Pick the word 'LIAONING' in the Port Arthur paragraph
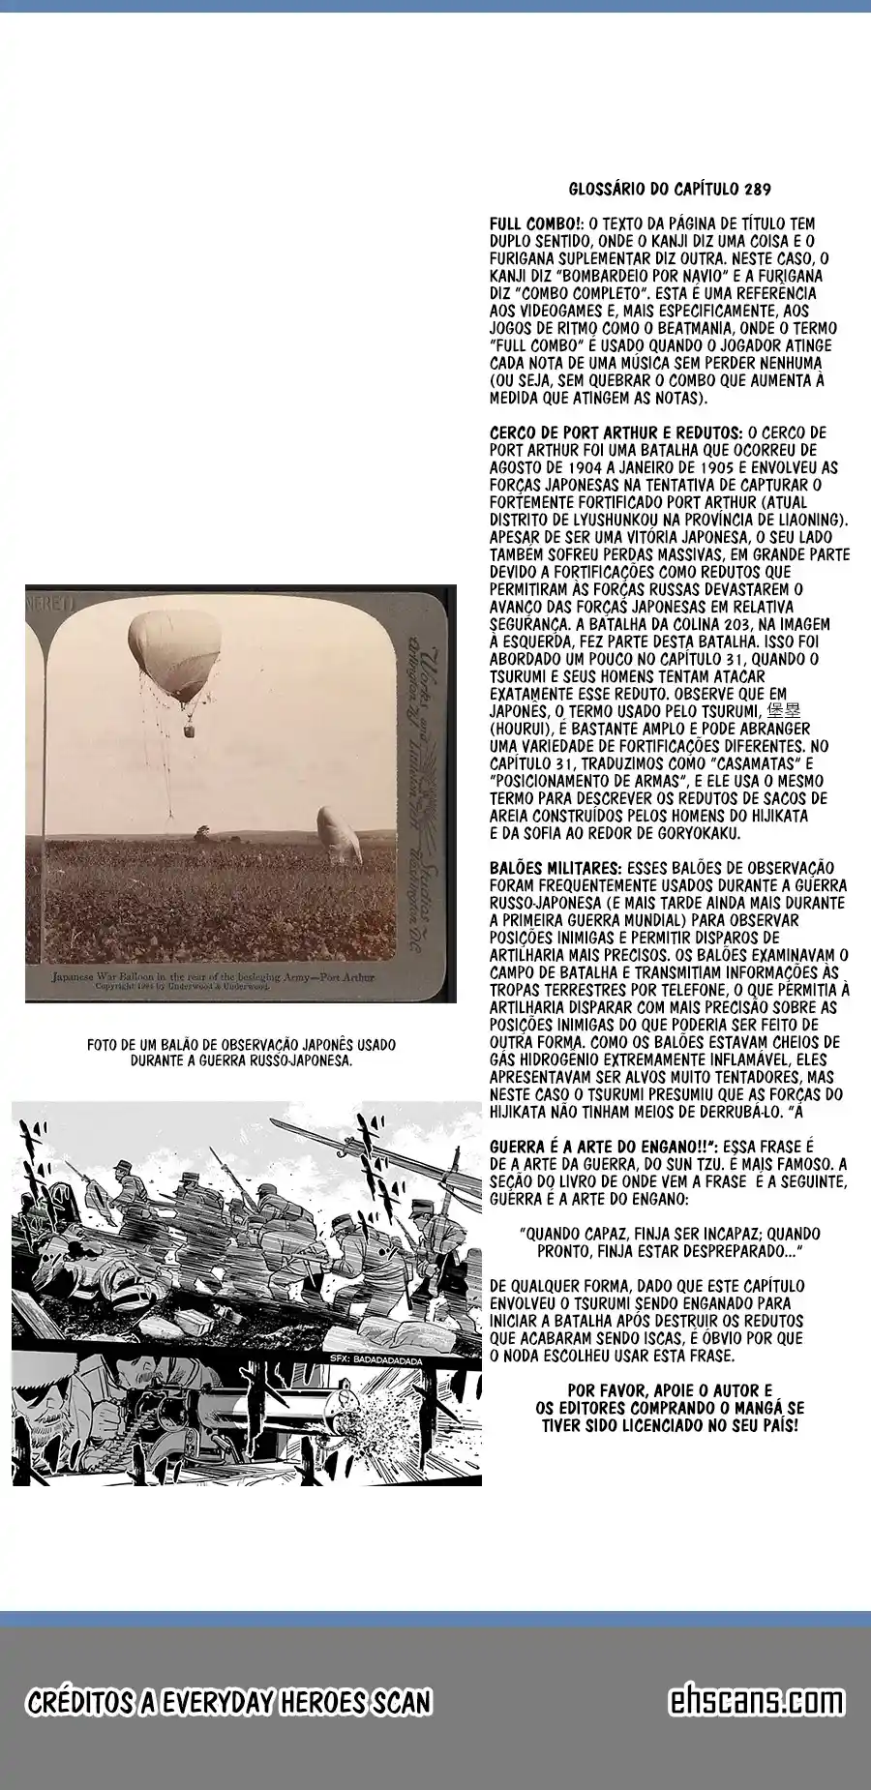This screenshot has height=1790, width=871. point(809,520)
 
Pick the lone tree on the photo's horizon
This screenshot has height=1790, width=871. point(202,831)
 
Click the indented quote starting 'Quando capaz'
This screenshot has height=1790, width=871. point(669,1242)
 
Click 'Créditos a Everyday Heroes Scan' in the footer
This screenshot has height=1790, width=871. point(228,1703)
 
